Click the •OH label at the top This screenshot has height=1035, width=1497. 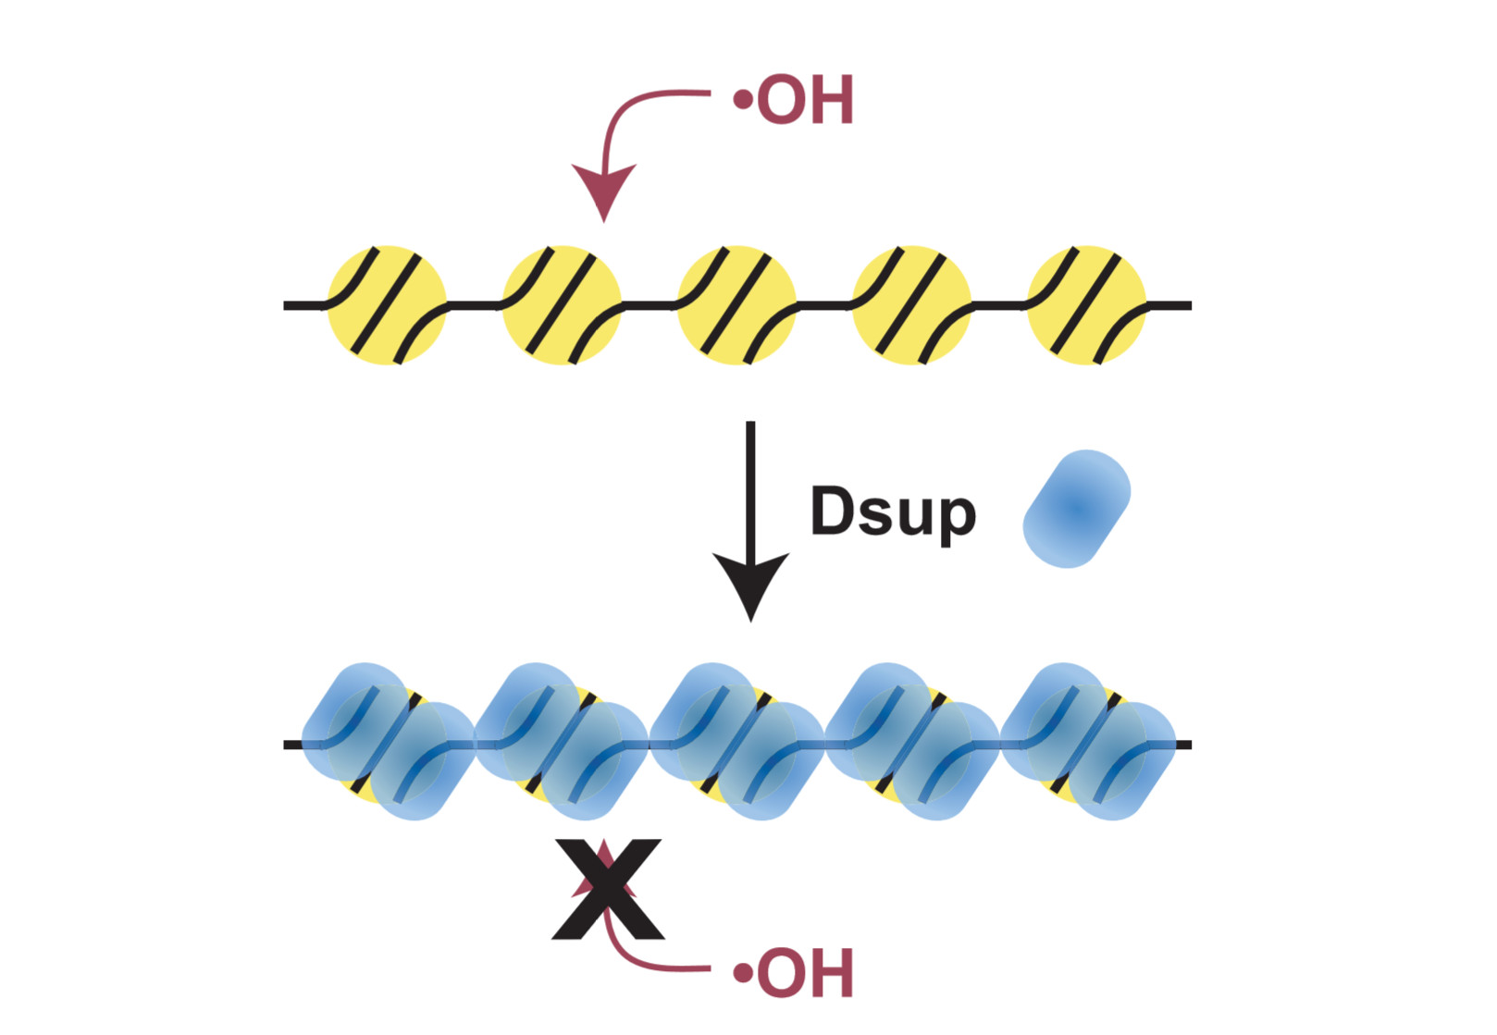(x=795, y=101)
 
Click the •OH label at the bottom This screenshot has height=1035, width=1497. (x=795, y=973)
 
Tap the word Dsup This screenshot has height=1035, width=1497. (x=893, y=511)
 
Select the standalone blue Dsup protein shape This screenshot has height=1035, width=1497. (x=1076, y=509)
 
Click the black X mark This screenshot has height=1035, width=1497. (x=608, y=889)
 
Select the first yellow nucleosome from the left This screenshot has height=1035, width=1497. (x=387, y=305)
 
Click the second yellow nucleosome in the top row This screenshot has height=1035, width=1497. (x=562, y=305)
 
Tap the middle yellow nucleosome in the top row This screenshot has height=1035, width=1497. (x=736, y=305)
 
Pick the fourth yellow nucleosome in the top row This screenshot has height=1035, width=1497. (x=911, y=305)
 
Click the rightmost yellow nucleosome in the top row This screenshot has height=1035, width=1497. (x=1086, y=305)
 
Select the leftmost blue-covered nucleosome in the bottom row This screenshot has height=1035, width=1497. (x=389, y=742)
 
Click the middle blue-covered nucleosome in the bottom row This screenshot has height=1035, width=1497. (x=737, y=742)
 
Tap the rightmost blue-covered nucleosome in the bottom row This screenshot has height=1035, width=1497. (x=1088, y=742)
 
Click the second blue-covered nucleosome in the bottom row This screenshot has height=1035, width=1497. (x=563, y=742)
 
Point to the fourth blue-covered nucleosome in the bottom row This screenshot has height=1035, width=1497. (x=912, y=742)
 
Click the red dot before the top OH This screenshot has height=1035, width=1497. (x=741, y=98)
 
